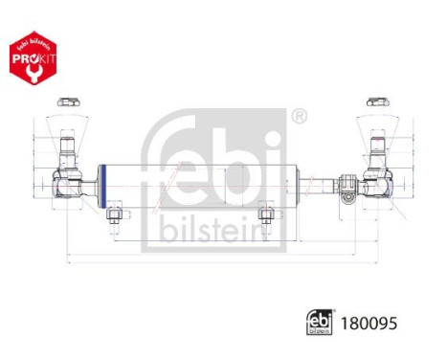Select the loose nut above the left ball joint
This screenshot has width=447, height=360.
[67, 101]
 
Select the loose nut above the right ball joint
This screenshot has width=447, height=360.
[376, 101]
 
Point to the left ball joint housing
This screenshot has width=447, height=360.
[68, 181]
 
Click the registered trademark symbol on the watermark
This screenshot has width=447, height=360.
[300, 118]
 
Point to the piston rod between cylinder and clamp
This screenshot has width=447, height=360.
[321, 181]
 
